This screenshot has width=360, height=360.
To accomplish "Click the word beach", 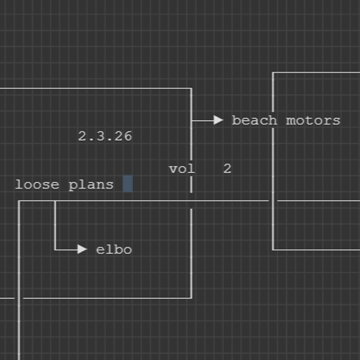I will pyautogui.click(x=254, y=120).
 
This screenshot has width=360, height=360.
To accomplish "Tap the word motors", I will pyautogui.click(x=313, y=120).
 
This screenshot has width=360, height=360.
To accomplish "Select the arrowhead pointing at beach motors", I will pyautogui.click(x=219, y=120).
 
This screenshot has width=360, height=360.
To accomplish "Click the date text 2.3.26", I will pyautogui.click(x=105, y=136).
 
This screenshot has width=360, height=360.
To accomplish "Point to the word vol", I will pyautogui.click(x=181, y=169).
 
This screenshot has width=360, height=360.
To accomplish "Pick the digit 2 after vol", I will pyautogui.click(x=227, y=169).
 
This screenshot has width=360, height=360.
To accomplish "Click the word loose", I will pyautogui.click(x=37, y=185).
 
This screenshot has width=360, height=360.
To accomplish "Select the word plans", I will pyautogui.click(x=91, y=185).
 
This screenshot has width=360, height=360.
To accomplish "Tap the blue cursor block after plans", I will pyautogui.click(x=127, y=184).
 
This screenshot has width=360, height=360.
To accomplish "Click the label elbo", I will pyautogui.click(x=114, y=250).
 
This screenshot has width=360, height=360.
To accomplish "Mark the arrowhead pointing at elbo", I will pyautogui.click(x=83, y=250).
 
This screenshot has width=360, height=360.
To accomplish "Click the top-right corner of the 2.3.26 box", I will pyautogui.click(x=191, y=89).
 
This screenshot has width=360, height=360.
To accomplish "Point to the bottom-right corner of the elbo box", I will pyautogui.click(x=191, y=297).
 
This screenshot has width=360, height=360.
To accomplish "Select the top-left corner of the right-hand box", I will pyautogui.click(x=273, y=72).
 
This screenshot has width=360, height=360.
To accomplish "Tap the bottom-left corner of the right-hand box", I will pyautogui.click(x=273, y=250).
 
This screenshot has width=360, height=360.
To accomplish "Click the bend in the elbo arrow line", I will pyautogui.click(x=55, y=250).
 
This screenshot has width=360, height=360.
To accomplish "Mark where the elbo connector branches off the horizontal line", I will pyautogui.click(x=55, y=201).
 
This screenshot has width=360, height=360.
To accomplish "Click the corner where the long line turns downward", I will pyautogui.click(x=19, y=201).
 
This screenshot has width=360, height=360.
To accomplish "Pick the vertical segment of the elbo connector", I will pyautogui.click(x=55, y=225).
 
